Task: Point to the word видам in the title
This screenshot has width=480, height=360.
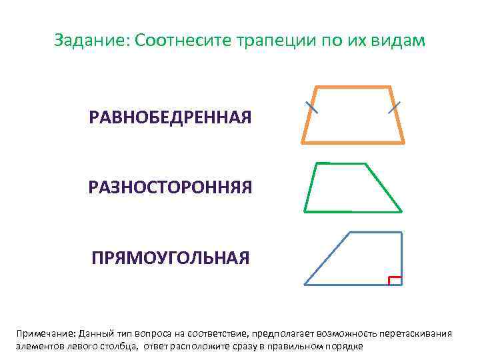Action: click(x=398, y=41)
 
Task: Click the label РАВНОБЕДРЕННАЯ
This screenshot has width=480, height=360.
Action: click(x=170, y=119)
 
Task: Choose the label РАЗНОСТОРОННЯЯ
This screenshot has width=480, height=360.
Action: click(x=170, y=187)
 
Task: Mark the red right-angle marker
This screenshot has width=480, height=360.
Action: click(x=394, y=279)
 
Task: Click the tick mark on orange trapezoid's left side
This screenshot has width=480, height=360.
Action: click(x=311, y=107)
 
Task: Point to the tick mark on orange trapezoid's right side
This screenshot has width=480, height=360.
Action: click(x=395, y=107)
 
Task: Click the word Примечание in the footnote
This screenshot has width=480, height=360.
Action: click(x=45, y=333)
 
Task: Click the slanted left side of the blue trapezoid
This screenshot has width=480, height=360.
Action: click(x=327, y=258)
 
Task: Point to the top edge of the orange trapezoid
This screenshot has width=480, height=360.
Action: click(x=353, y=87)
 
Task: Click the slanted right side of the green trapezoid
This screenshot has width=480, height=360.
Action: click(x=384, y=187)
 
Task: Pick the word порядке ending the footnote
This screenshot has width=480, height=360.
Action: click(x=344, y=346)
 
